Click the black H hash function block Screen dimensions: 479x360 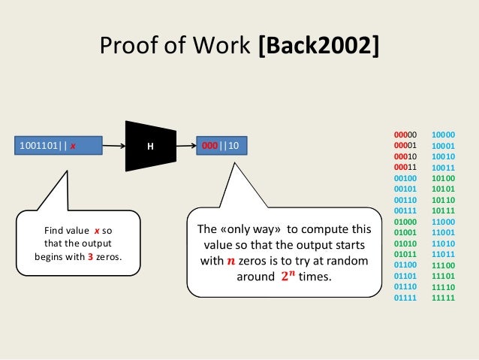point(149,145)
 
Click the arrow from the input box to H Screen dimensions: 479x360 point(113,145)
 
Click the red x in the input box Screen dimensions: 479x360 point(73,146)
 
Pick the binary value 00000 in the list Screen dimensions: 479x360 point(405,135)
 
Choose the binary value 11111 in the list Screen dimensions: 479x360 point(444,298)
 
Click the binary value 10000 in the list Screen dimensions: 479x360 point(444,135)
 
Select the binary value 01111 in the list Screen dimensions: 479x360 point(405,298)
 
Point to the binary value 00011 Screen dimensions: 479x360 point(405,167)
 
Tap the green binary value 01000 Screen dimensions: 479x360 point(405,222)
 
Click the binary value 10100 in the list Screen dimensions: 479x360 point(444,178)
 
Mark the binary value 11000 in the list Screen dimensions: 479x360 point(444,222)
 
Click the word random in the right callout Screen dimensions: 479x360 point(348,260)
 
